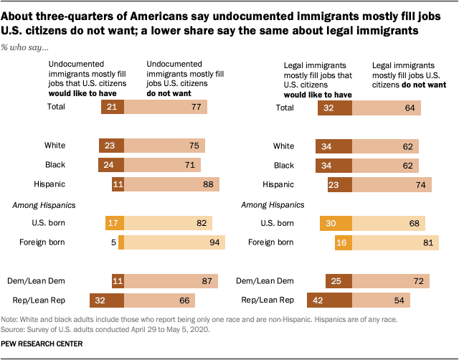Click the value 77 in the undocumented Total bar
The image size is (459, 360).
tap(195, 107)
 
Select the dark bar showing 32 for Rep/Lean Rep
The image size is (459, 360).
tap(106, 300)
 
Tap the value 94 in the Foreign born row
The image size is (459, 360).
tap(214, 242)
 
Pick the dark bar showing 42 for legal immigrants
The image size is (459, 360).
tap(329, 300)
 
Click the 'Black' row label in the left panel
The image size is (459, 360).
tap(55, 165)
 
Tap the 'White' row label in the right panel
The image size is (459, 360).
tap(283, 146)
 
